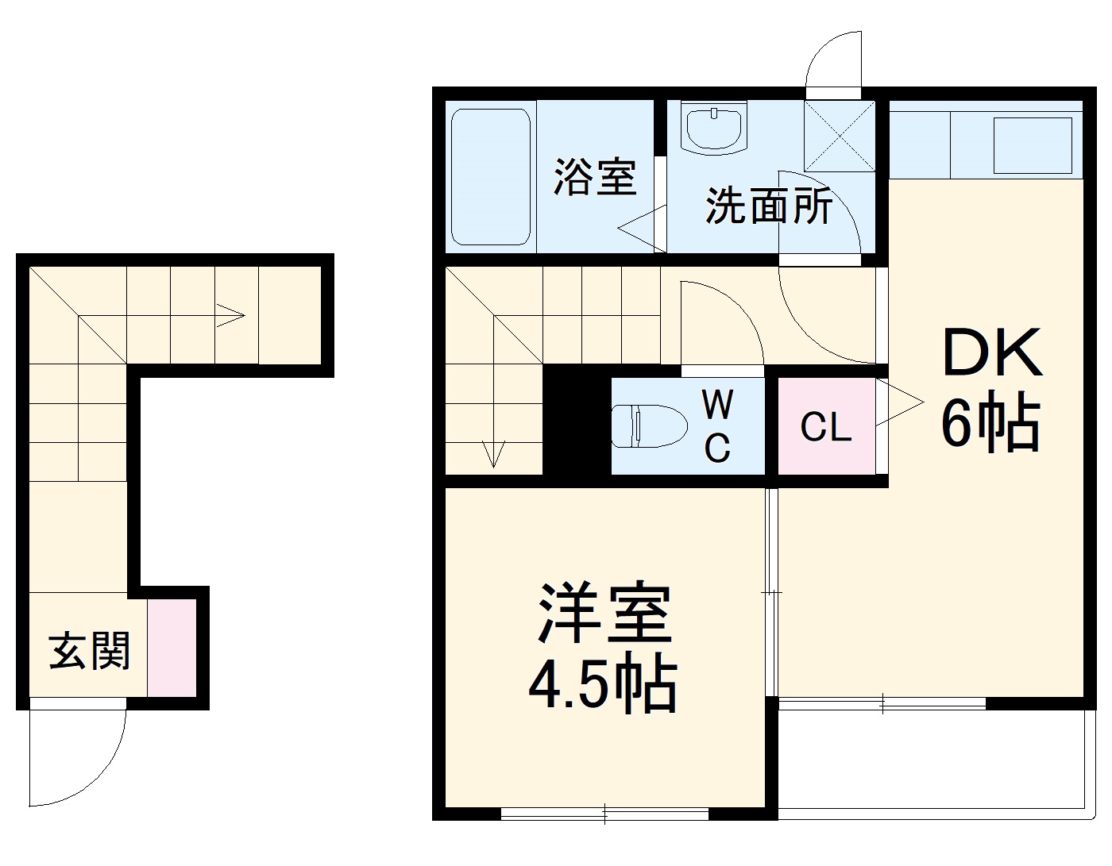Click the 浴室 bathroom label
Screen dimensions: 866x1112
(595, 177)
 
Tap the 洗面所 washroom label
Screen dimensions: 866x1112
(769, 206)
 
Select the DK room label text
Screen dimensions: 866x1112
(991, 354)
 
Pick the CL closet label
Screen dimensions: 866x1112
(825, 427)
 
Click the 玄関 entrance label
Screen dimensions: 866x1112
(89, 651)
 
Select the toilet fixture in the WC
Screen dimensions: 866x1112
(649, 425)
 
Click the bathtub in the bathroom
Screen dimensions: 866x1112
(491, 176)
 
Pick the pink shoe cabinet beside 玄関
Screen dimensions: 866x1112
(172, 648)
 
